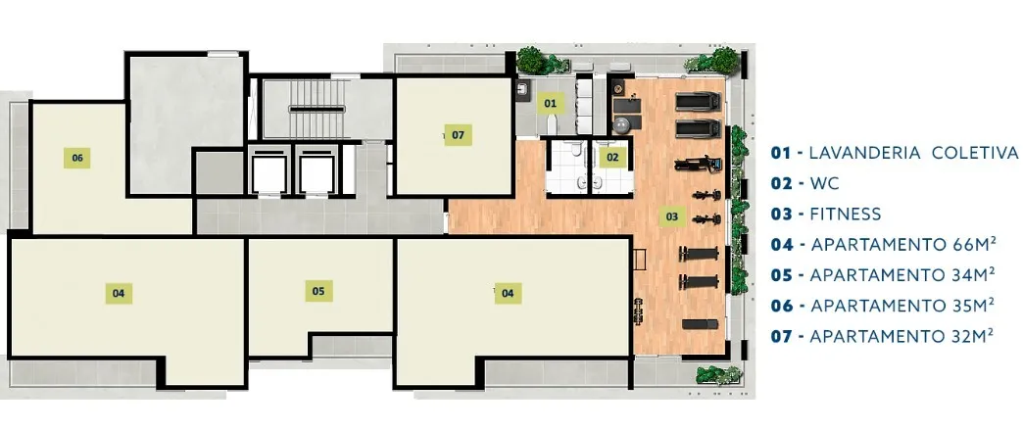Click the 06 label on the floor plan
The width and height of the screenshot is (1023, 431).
pyautogui.click(x=77, y=158)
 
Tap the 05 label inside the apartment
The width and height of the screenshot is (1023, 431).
pyautogui.click(x=318, y=291)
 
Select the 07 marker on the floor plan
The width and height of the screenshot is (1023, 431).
pyautogui.click(x=458, y=135)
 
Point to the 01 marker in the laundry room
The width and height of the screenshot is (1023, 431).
pyautogui.click(x=551, y=103)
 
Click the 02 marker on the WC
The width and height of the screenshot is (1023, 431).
pyautogui.click(x=612, y=157)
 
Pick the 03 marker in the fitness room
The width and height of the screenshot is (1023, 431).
pyautogui.click(x=672, y=215)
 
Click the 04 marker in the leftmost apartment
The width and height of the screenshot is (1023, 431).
pyautogui.click(x=119, y=294)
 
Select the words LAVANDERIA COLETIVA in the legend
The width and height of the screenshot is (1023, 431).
pyautogui.click(x=913, y=153)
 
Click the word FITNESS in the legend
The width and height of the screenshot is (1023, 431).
pyautogui.click(x=845, y=214)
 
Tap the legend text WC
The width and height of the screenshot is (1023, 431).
pyautogui.click(x=824, y=183)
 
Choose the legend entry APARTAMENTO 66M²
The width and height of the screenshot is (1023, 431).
pyautogui.click(x=902, y=245)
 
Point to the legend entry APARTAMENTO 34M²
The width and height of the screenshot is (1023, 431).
pyautogui.click(x=902, y=274)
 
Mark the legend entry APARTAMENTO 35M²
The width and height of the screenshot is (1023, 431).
pyautogui.click(x=902, y=306)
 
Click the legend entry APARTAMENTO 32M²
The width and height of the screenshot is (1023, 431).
pyautogui.click(x=901, y=336)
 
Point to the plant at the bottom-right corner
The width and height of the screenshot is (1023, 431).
pyautogui.click(x=718, y=375)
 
